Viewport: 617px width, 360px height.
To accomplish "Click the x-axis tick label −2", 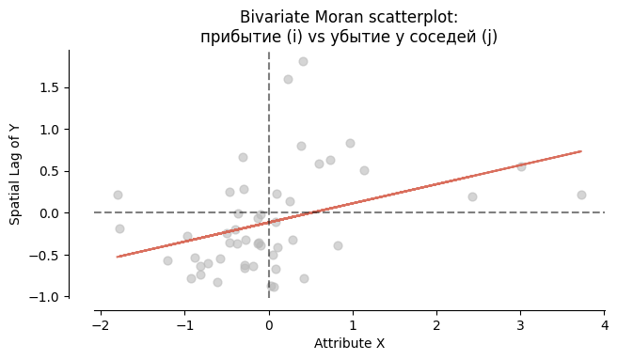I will tap(99, 325).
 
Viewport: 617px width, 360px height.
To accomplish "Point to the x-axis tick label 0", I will tap(269, 325).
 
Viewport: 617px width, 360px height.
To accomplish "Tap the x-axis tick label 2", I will tap(436, 325).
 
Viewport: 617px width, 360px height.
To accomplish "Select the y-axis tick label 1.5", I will tap(50, 87).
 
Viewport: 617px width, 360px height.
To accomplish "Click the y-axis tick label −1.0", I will tap(46, 297).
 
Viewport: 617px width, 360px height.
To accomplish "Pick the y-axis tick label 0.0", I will tap(50, 213).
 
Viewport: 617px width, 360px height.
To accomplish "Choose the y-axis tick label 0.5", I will tap(50, 171).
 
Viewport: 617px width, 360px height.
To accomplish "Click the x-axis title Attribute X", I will tap(350, 344).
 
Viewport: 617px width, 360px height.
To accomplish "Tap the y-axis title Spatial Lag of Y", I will tap(16, 175).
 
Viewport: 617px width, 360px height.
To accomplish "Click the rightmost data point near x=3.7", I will tap(581, 195).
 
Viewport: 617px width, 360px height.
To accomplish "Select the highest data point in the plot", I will tap(303, 61).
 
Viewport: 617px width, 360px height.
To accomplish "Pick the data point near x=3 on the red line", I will tap(521, 166).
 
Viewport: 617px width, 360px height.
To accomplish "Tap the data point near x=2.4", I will tap(472, 196).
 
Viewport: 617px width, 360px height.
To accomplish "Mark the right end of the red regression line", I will tap(581, 151).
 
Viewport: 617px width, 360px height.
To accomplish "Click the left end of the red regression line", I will tap(118, 257).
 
